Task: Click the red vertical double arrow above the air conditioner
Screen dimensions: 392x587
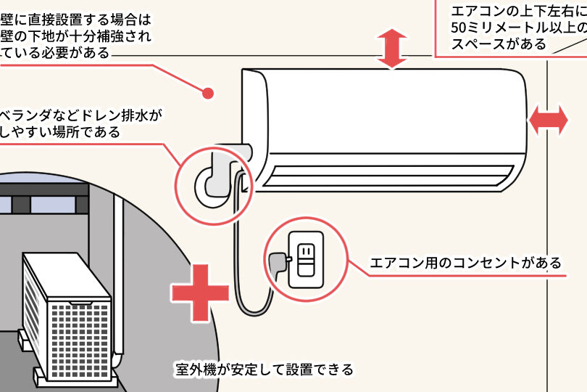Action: [391, 49]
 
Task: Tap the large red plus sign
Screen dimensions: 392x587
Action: [200, 293]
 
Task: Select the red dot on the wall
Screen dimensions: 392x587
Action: [208, 93]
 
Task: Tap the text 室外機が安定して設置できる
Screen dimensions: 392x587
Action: [265, 369]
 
